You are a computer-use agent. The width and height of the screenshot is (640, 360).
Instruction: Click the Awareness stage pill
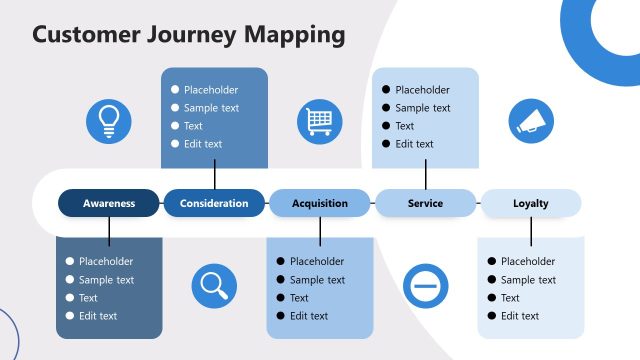(109, 203)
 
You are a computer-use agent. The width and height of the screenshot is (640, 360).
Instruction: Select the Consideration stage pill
(214, 203)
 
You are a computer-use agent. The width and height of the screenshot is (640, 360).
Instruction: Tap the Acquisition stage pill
(320, 203)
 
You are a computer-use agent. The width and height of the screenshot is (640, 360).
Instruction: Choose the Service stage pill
(425, 203)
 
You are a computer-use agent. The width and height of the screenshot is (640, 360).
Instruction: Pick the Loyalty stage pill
(531, 203)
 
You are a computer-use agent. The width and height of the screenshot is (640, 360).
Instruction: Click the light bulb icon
(108, 120)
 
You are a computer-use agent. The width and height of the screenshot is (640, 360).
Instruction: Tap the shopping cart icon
(319, 121)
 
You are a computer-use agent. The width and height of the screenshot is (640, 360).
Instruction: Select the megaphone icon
(531, 120)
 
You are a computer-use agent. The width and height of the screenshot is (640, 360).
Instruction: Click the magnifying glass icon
(214, 285)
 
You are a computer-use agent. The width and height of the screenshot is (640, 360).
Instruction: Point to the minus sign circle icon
(425, 285)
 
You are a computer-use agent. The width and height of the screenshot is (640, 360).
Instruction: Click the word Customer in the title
(83, 34)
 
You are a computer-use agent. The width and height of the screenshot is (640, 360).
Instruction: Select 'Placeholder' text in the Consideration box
(211, 90)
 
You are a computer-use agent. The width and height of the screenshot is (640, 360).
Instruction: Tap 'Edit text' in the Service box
(414, 144)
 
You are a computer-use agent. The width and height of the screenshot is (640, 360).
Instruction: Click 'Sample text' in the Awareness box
(106, 280)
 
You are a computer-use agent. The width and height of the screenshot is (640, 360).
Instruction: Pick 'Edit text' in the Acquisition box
(309, 316)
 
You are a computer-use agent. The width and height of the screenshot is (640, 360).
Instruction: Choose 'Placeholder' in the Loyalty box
(528, 262)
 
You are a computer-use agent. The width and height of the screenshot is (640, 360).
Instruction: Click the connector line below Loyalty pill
(531, 231)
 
